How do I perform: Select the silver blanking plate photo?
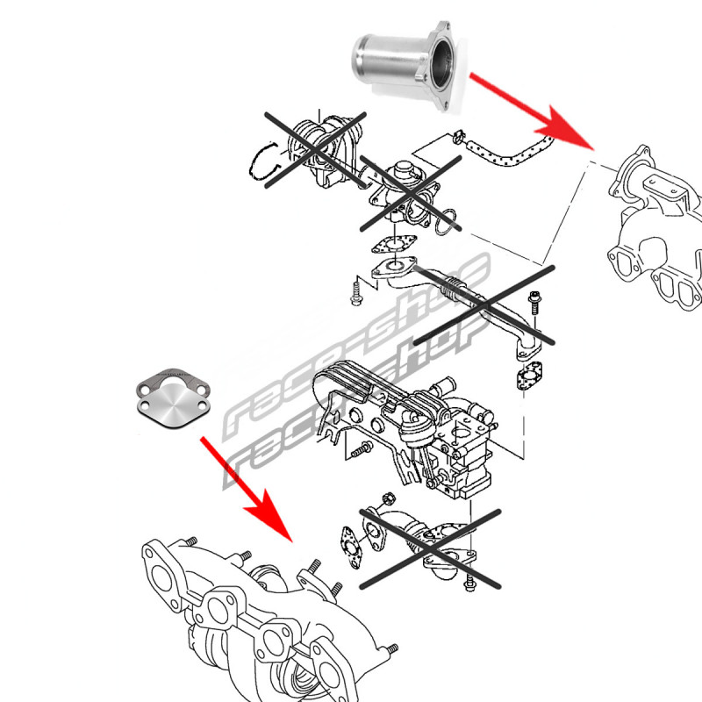(x=173, y=398)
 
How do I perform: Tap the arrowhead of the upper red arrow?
(x=567, y=128)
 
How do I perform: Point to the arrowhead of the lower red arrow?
(x=270, y=518)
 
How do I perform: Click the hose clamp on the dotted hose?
(x=458, y=136)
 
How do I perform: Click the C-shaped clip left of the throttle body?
(x=264, y=161)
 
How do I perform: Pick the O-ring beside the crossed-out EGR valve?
(x=446, y=221)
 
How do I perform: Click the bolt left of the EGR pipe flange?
(x=356, y=292)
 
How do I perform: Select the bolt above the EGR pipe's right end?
(x=534, y=303)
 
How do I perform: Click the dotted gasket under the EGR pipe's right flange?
(x=529, y=376)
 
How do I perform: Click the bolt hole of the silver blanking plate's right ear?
(x=202, y=405)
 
